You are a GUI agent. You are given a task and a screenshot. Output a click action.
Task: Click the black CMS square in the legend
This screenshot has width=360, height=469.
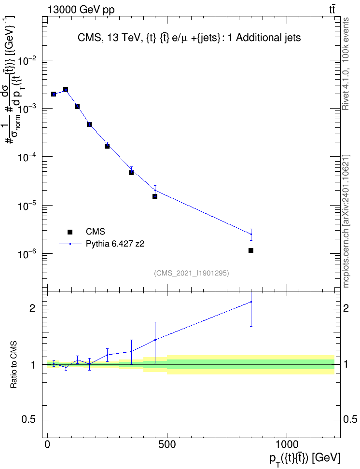70,232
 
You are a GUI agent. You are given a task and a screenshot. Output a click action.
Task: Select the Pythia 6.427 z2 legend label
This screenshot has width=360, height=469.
115,244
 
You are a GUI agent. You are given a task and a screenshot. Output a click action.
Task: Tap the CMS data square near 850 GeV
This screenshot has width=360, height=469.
251,250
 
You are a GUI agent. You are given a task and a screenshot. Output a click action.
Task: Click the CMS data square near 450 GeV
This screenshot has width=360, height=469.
155,196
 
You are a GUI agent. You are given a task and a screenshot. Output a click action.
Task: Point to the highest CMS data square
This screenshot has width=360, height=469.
66,89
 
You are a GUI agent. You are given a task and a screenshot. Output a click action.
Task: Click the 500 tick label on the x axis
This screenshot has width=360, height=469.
166,444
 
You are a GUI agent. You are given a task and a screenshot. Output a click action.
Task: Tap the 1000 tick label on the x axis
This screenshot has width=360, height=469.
286,444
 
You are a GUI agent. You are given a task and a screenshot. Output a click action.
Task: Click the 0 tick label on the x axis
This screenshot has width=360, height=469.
47,444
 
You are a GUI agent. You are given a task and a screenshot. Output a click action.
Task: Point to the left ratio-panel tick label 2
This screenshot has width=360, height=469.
32,308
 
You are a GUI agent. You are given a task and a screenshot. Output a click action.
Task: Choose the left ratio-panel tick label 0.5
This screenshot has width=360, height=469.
29,420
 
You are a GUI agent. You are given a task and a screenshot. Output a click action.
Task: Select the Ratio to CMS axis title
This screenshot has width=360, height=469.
14,365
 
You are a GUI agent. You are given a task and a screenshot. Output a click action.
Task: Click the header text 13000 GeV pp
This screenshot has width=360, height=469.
81,10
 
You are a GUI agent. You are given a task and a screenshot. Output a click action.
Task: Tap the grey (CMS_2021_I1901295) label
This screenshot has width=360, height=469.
192,273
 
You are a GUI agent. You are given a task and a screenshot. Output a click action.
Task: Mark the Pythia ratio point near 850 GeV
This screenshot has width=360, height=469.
251,302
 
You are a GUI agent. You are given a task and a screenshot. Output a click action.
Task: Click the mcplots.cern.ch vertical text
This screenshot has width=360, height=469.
346,257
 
